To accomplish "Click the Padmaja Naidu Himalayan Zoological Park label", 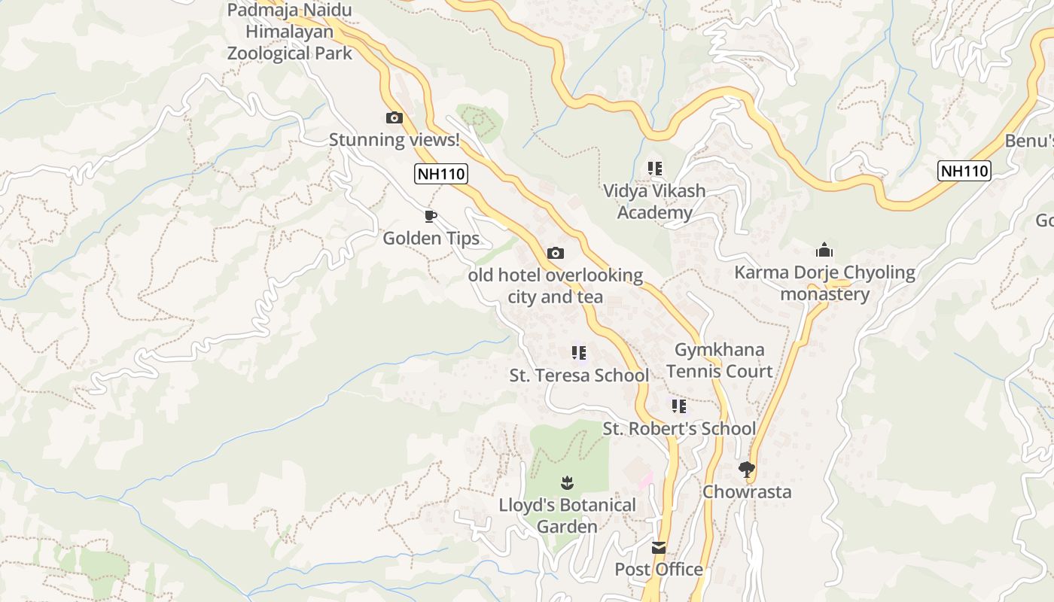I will [x=290, y=32].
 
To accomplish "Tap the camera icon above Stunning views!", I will [x=394, y=117].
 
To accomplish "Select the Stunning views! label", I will [x=394, y=139].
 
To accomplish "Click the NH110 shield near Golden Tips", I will [x=441, y=174].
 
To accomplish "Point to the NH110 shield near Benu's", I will [x=964, y=171].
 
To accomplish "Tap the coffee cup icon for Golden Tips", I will [x=431, y=217].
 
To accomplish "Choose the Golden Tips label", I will [x=431, y=239].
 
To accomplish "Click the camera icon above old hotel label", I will [x=556, y=253].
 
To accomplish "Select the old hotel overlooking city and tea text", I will [x=556, y=286].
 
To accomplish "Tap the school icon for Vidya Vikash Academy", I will [x=655, y=169].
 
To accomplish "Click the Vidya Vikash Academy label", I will [x=654, y=202].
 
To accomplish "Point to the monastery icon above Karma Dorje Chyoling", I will [x=824, y=250].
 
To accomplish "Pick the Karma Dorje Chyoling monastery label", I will [x=824, y=283].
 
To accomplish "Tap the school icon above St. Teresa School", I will [x=579, y=352].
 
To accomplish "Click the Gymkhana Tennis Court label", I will [x=719, y=360].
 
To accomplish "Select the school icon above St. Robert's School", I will [x=679, y=406].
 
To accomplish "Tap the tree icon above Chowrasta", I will [x=747, y=470].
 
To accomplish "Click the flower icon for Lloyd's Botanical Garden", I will [x=567, y=482].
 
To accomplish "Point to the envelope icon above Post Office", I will [x=659, y=547].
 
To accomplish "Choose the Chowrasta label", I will [x=747, y=492].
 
